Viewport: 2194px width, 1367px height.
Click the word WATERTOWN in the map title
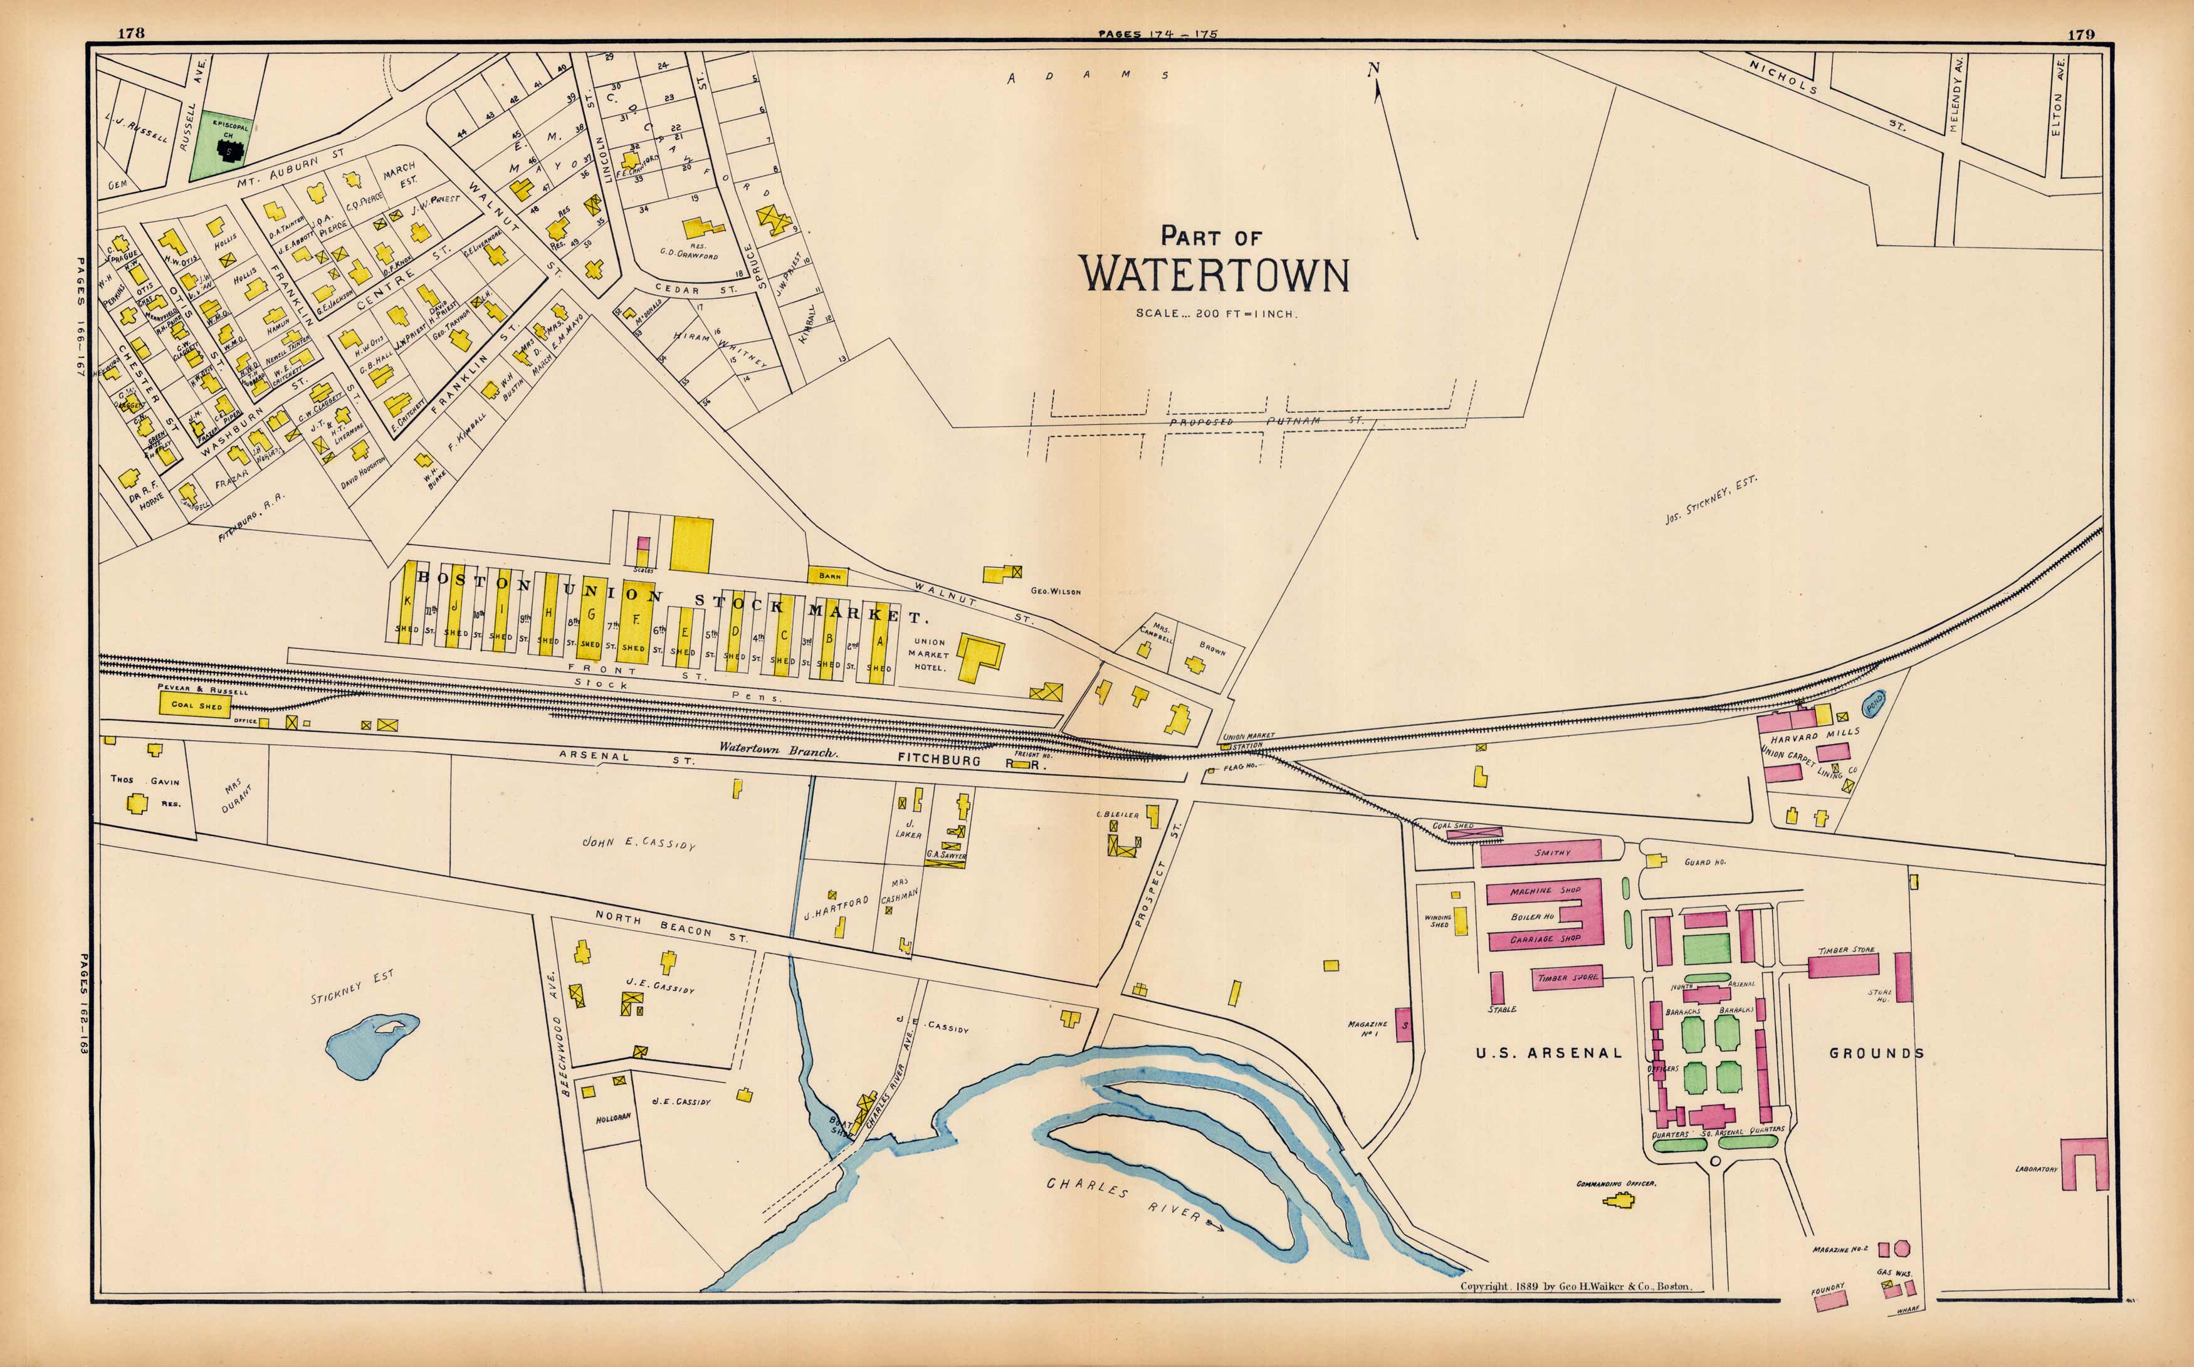coord(1214,276)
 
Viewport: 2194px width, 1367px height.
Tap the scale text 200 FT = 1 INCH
coord(1217,314)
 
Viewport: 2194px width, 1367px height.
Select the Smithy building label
coord(1552,852)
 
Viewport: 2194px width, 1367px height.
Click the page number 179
coord(2079,34)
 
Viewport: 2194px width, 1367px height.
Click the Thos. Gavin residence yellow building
coord(137,802)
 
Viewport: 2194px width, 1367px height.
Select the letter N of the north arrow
coord(1373,68)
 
